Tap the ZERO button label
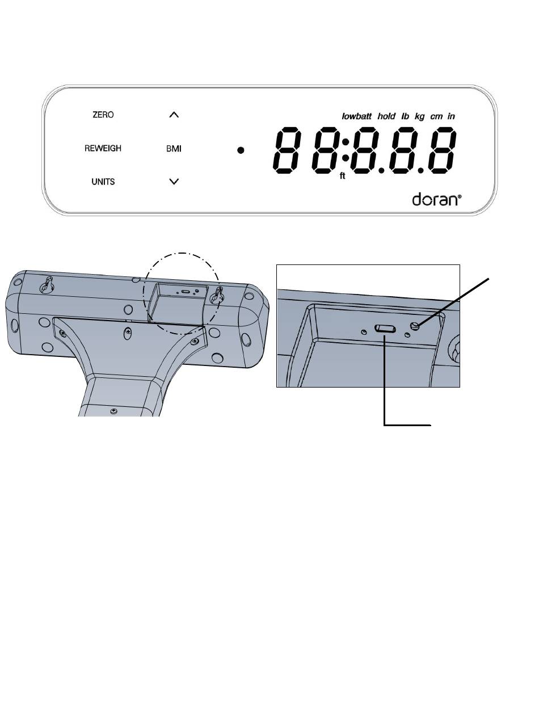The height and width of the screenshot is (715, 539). click(x=103, y=115)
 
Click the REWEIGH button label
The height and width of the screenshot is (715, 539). click(x=103, y=148)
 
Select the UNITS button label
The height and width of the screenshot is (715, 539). click(x=103, y=182)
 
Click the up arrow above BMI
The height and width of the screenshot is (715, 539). click(x=174, y=115)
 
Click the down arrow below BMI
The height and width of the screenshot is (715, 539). click(x=174, y=182)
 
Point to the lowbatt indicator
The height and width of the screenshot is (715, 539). click(x=356, y=116)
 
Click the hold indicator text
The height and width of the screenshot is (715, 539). click(x=386, y=116)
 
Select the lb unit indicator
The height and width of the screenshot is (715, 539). click(x=405, y=116)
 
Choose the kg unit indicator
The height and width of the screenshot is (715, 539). click(x=419, y=117)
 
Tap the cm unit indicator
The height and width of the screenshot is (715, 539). click(x=436, y=117)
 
